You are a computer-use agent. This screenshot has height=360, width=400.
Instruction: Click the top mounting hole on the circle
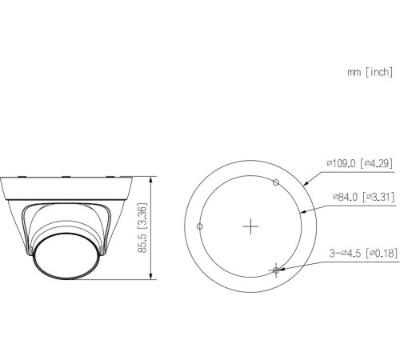coord(276,182)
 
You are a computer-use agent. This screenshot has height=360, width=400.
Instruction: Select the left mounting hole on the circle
coord(200,226)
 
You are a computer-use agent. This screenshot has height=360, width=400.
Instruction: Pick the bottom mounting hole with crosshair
coord(276,270)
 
